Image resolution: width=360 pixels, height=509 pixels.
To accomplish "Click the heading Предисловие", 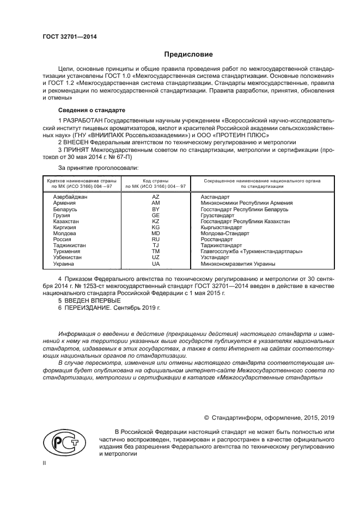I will [188, 54].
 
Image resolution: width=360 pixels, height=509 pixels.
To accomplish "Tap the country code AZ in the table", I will [155, 197].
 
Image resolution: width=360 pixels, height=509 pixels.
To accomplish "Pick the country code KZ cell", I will [155, 222].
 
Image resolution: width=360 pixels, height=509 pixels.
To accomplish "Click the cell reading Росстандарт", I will [216, 240].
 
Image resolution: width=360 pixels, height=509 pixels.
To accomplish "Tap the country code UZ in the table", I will [155, 257].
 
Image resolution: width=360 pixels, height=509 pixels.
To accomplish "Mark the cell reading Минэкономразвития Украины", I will [237, 264].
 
